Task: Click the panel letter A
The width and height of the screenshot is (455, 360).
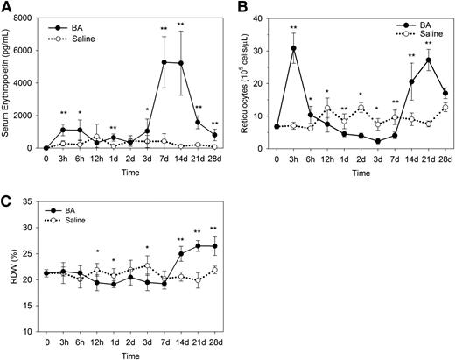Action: (x=6, y=7)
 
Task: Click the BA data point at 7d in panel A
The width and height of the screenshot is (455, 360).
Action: (x=164, y=62)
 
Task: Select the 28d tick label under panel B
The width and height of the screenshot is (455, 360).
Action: (x=445, y=159)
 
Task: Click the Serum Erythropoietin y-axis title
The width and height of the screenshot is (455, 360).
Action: (x=8, y=83)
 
